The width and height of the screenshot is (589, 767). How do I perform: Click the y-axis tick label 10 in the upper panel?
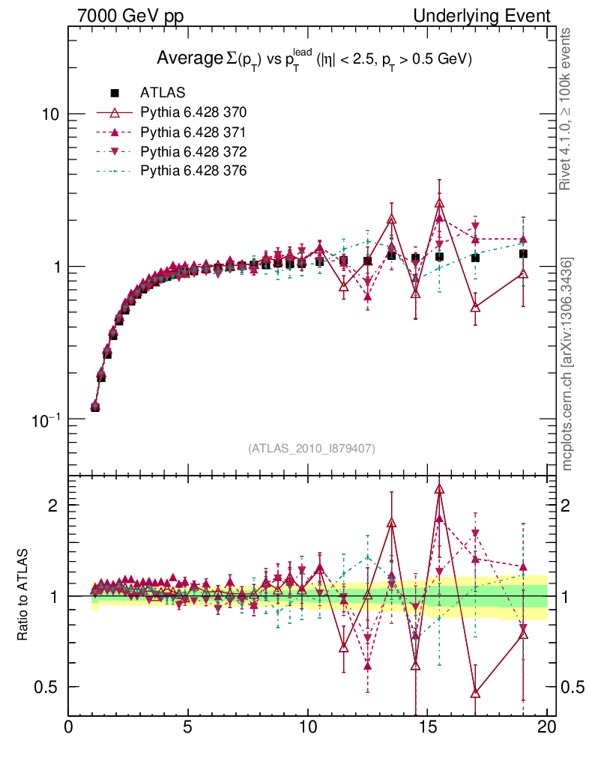point(50,114)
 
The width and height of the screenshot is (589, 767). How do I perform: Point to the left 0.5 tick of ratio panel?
point(50,687)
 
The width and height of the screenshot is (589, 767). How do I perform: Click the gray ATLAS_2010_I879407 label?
point(311,449)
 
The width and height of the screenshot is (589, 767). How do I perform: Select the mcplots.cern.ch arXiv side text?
point(569,363)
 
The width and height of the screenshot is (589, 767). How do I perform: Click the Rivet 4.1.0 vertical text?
point(569,109)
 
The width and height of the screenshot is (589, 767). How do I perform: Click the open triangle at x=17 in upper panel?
point(475,307)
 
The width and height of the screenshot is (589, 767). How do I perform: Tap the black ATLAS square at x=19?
point(523,254)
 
